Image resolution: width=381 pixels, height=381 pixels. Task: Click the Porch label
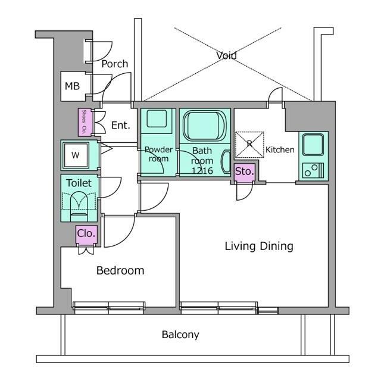coord(114,64)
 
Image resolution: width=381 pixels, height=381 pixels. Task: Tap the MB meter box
coord(72,86)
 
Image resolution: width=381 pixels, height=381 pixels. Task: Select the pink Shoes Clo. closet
coord(84,122)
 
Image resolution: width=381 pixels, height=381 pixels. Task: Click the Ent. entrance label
coord(120,126)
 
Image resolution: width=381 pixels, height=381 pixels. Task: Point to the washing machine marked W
coord(76,155)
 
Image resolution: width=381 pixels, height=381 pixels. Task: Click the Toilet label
coord(79,183)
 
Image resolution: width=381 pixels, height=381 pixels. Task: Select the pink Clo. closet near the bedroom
coord(86,234)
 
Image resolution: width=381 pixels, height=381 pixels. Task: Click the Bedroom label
coord(120,270)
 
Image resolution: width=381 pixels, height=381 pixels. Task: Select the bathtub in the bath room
coord(204,126)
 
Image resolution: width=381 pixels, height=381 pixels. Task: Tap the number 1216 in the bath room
coord(202,170)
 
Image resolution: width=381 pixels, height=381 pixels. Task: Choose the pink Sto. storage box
coord(244,171)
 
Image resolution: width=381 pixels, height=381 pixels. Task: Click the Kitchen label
coord(280,149)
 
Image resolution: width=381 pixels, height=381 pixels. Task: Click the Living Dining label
coord(259,246)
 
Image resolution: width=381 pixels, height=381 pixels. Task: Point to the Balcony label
coord(180,335)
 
